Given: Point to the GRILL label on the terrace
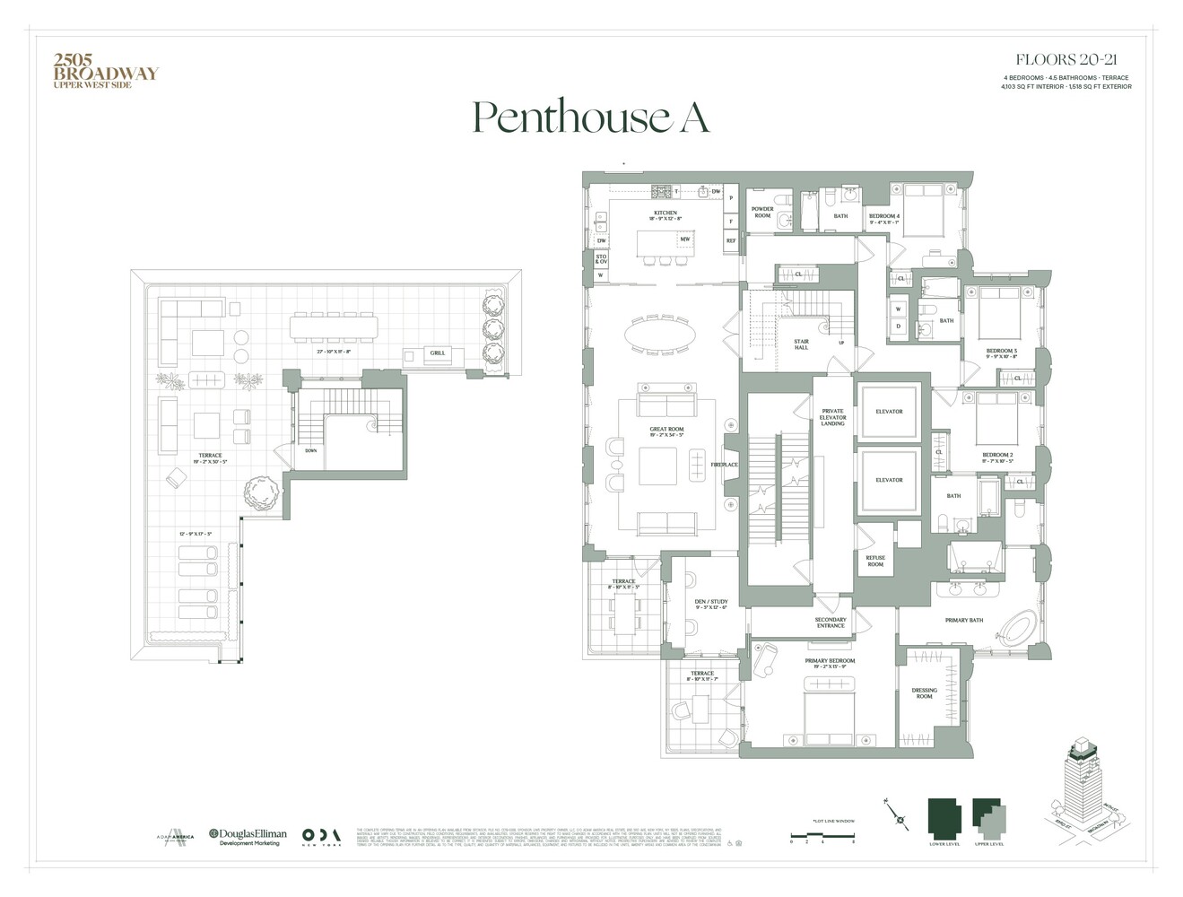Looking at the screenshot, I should [437, 353].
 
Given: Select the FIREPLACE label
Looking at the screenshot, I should [725, 465].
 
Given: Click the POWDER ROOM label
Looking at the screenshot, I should [762, 213].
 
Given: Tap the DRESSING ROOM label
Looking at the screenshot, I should [924, 693].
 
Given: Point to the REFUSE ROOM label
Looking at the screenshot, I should [875, 561].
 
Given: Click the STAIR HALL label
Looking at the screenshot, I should [801, 344].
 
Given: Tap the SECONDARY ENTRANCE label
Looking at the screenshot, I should [831, 623].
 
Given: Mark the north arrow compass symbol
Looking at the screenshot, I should [900, 815].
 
